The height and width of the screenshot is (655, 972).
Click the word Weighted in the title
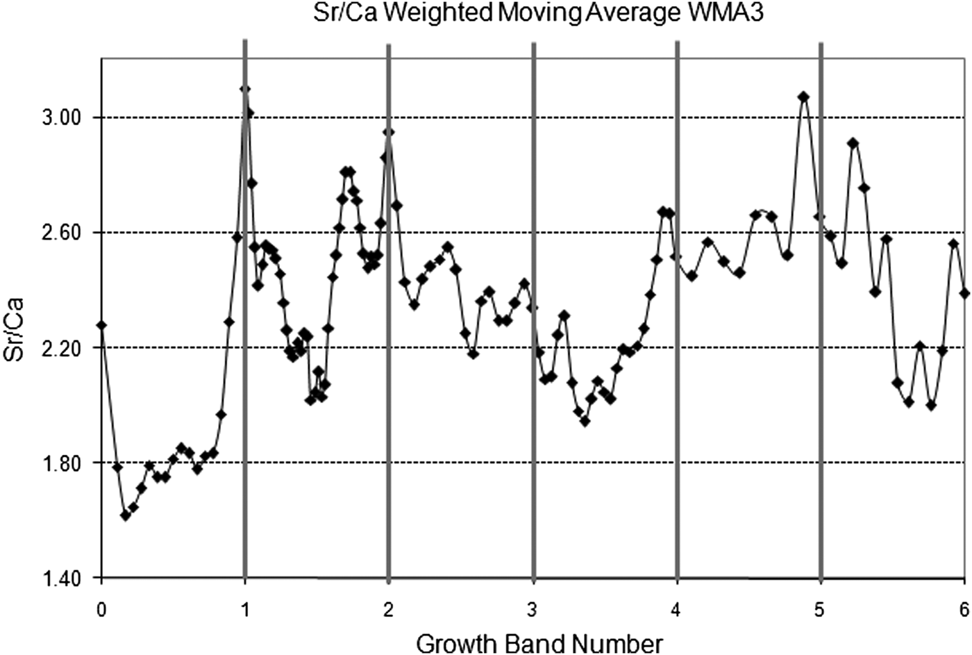pyautogui.click(x=446, y=13)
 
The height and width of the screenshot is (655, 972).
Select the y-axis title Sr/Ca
pyautogui.click(x=15, y=330)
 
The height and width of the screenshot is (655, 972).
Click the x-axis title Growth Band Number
pyautogui.click(x=539, y=643)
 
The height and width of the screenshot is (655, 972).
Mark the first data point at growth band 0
pyautogui.click(x=102, y=325)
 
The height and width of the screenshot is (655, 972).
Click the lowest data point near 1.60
pyautogui.click(x=126, y=515)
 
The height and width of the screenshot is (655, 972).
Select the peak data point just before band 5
pyautogui.click(x=804, y=97)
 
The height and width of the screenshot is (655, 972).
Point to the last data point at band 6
pyautogui.click(x=964, y=293)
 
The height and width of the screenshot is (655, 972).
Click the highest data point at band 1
pyautogui.click(x=244, y=90)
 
